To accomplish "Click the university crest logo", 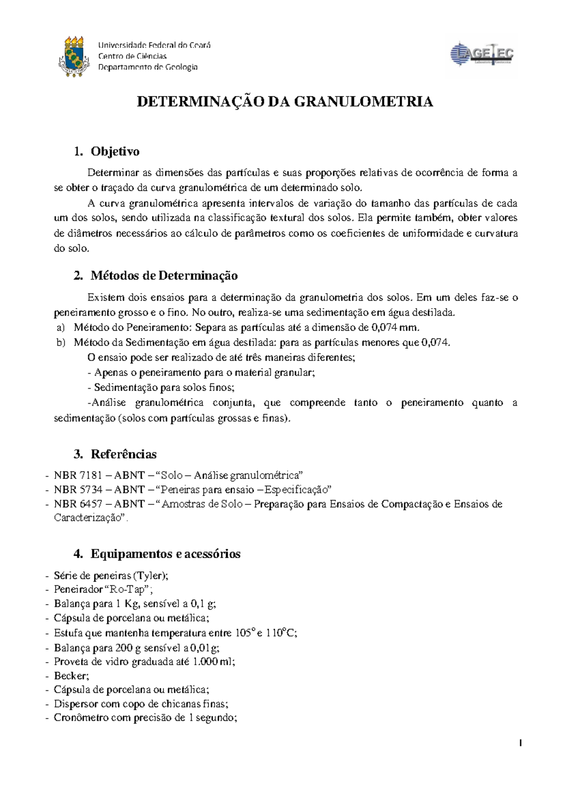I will [x=74, y=57].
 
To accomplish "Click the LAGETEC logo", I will [x=482, y=55].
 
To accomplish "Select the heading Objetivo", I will [x=115, y=152].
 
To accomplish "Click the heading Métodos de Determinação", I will [x=164, y=276].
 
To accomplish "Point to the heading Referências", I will [x=123, y=454].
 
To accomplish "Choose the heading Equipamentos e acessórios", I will [x=165, y=554].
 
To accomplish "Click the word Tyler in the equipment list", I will [x=149, y=575].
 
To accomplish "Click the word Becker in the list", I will [x=70, y=676].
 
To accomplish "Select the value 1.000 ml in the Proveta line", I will [x=213, y=662].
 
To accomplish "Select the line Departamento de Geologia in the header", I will [x=147, y=67].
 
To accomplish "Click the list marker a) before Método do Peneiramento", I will [x=60, y=327].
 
